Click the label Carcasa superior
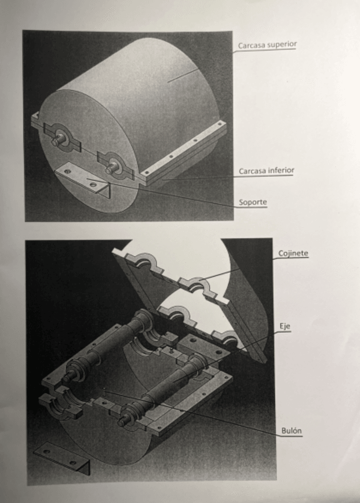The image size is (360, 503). click(x=267, y=45)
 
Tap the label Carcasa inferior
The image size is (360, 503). click(x=266, y=171)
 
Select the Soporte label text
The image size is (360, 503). click(x=253, y=202)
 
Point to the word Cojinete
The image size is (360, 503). click(x=293, y=253)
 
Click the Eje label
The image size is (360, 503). click(x=285, y=326)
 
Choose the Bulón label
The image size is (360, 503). click(x=292, y=431)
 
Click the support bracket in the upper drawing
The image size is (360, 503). click(x=84, y=179)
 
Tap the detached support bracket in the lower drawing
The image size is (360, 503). click(x=62, y=457)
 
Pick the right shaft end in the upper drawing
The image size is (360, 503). click(x=111, y=168)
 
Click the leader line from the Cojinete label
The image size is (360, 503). click(x=236, y=270)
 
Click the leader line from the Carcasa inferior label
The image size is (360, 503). click(x=200, y=177)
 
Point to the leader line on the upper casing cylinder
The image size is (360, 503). click(x=183, y=75)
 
